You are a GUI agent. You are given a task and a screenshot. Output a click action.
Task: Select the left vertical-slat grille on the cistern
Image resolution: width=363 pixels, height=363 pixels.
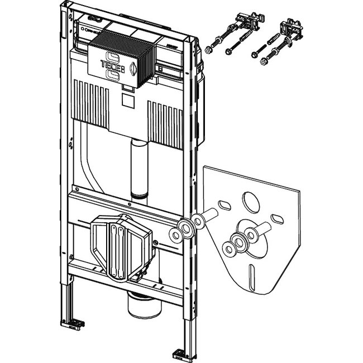(90, 100)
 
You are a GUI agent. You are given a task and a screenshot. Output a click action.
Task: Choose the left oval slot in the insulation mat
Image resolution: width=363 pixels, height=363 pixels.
(226, 204)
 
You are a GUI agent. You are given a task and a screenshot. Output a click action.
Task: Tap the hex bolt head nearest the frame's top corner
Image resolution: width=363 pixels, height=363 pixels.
(208, 50)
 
